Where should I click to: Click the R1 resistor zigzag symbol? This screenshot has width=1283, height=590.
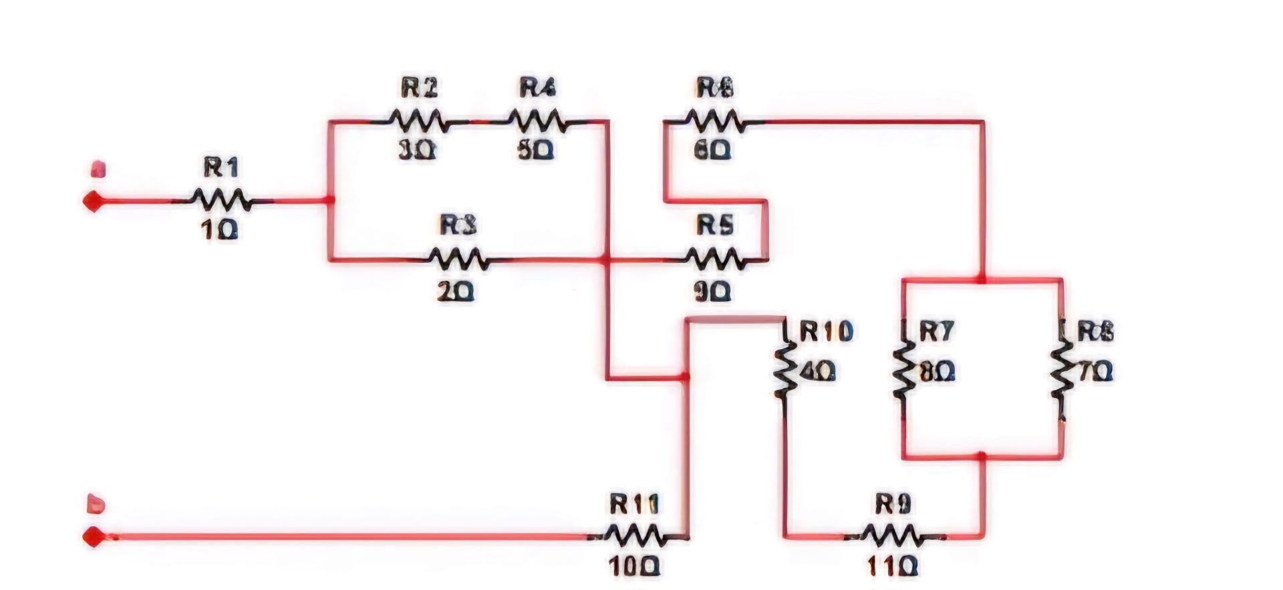pos(221,199)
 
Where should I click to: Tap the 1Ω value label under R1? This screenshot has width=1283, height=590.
pos(219,231)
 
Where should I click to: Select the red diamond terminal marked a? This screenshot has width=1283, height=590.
pos(94,201)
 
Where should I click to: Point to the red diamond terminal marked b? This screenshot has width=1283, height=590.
pos(94,536)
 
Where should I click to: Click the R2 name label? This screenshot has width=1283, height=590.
pos(419,87)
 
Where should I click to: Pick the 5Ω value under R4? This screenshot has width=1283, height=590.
pos(535,151)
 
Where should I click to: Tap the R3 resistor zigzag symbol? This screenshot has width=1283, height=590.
pos(458,258)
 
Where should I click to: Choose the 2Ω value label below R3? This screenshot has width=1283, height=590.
pos(456,291)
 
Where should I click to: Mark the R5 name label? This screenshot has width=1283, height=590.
pos(715,225)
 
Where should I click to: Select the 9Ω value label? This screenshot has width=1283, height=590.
pos(713,291)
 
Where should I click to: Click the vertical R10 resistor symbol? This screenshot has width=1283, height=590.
pos(785,368)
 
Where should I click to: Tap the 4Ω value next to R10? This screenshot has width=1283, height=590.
pos(816,371)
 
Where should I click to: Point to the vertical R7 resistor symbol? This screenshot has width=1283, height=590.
pos(903,371)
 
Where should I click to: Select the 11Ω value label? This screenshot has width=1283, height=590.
pos(892,567)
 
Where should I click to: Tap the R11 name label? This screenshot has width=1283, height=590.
pos(633,504)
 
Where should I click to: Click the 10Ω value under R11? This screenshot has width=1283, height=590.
pos(634,567)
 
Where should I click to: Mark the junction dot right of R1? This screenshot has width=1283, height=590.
pos(329,200)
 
